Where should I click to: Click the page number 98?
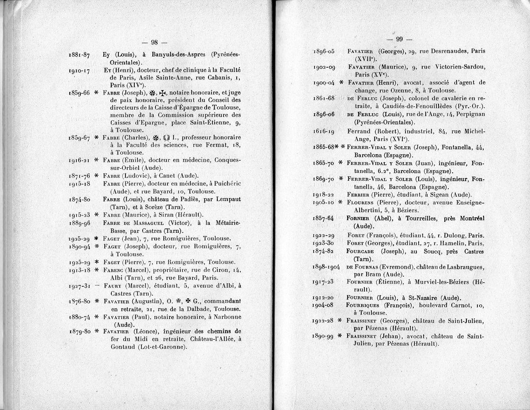coord(155,42)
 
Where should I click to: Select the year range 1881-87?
coord(79,55)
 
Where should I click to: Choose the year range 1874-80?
coord(79,199)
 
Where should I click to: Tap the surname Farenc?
coord(113,270)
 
